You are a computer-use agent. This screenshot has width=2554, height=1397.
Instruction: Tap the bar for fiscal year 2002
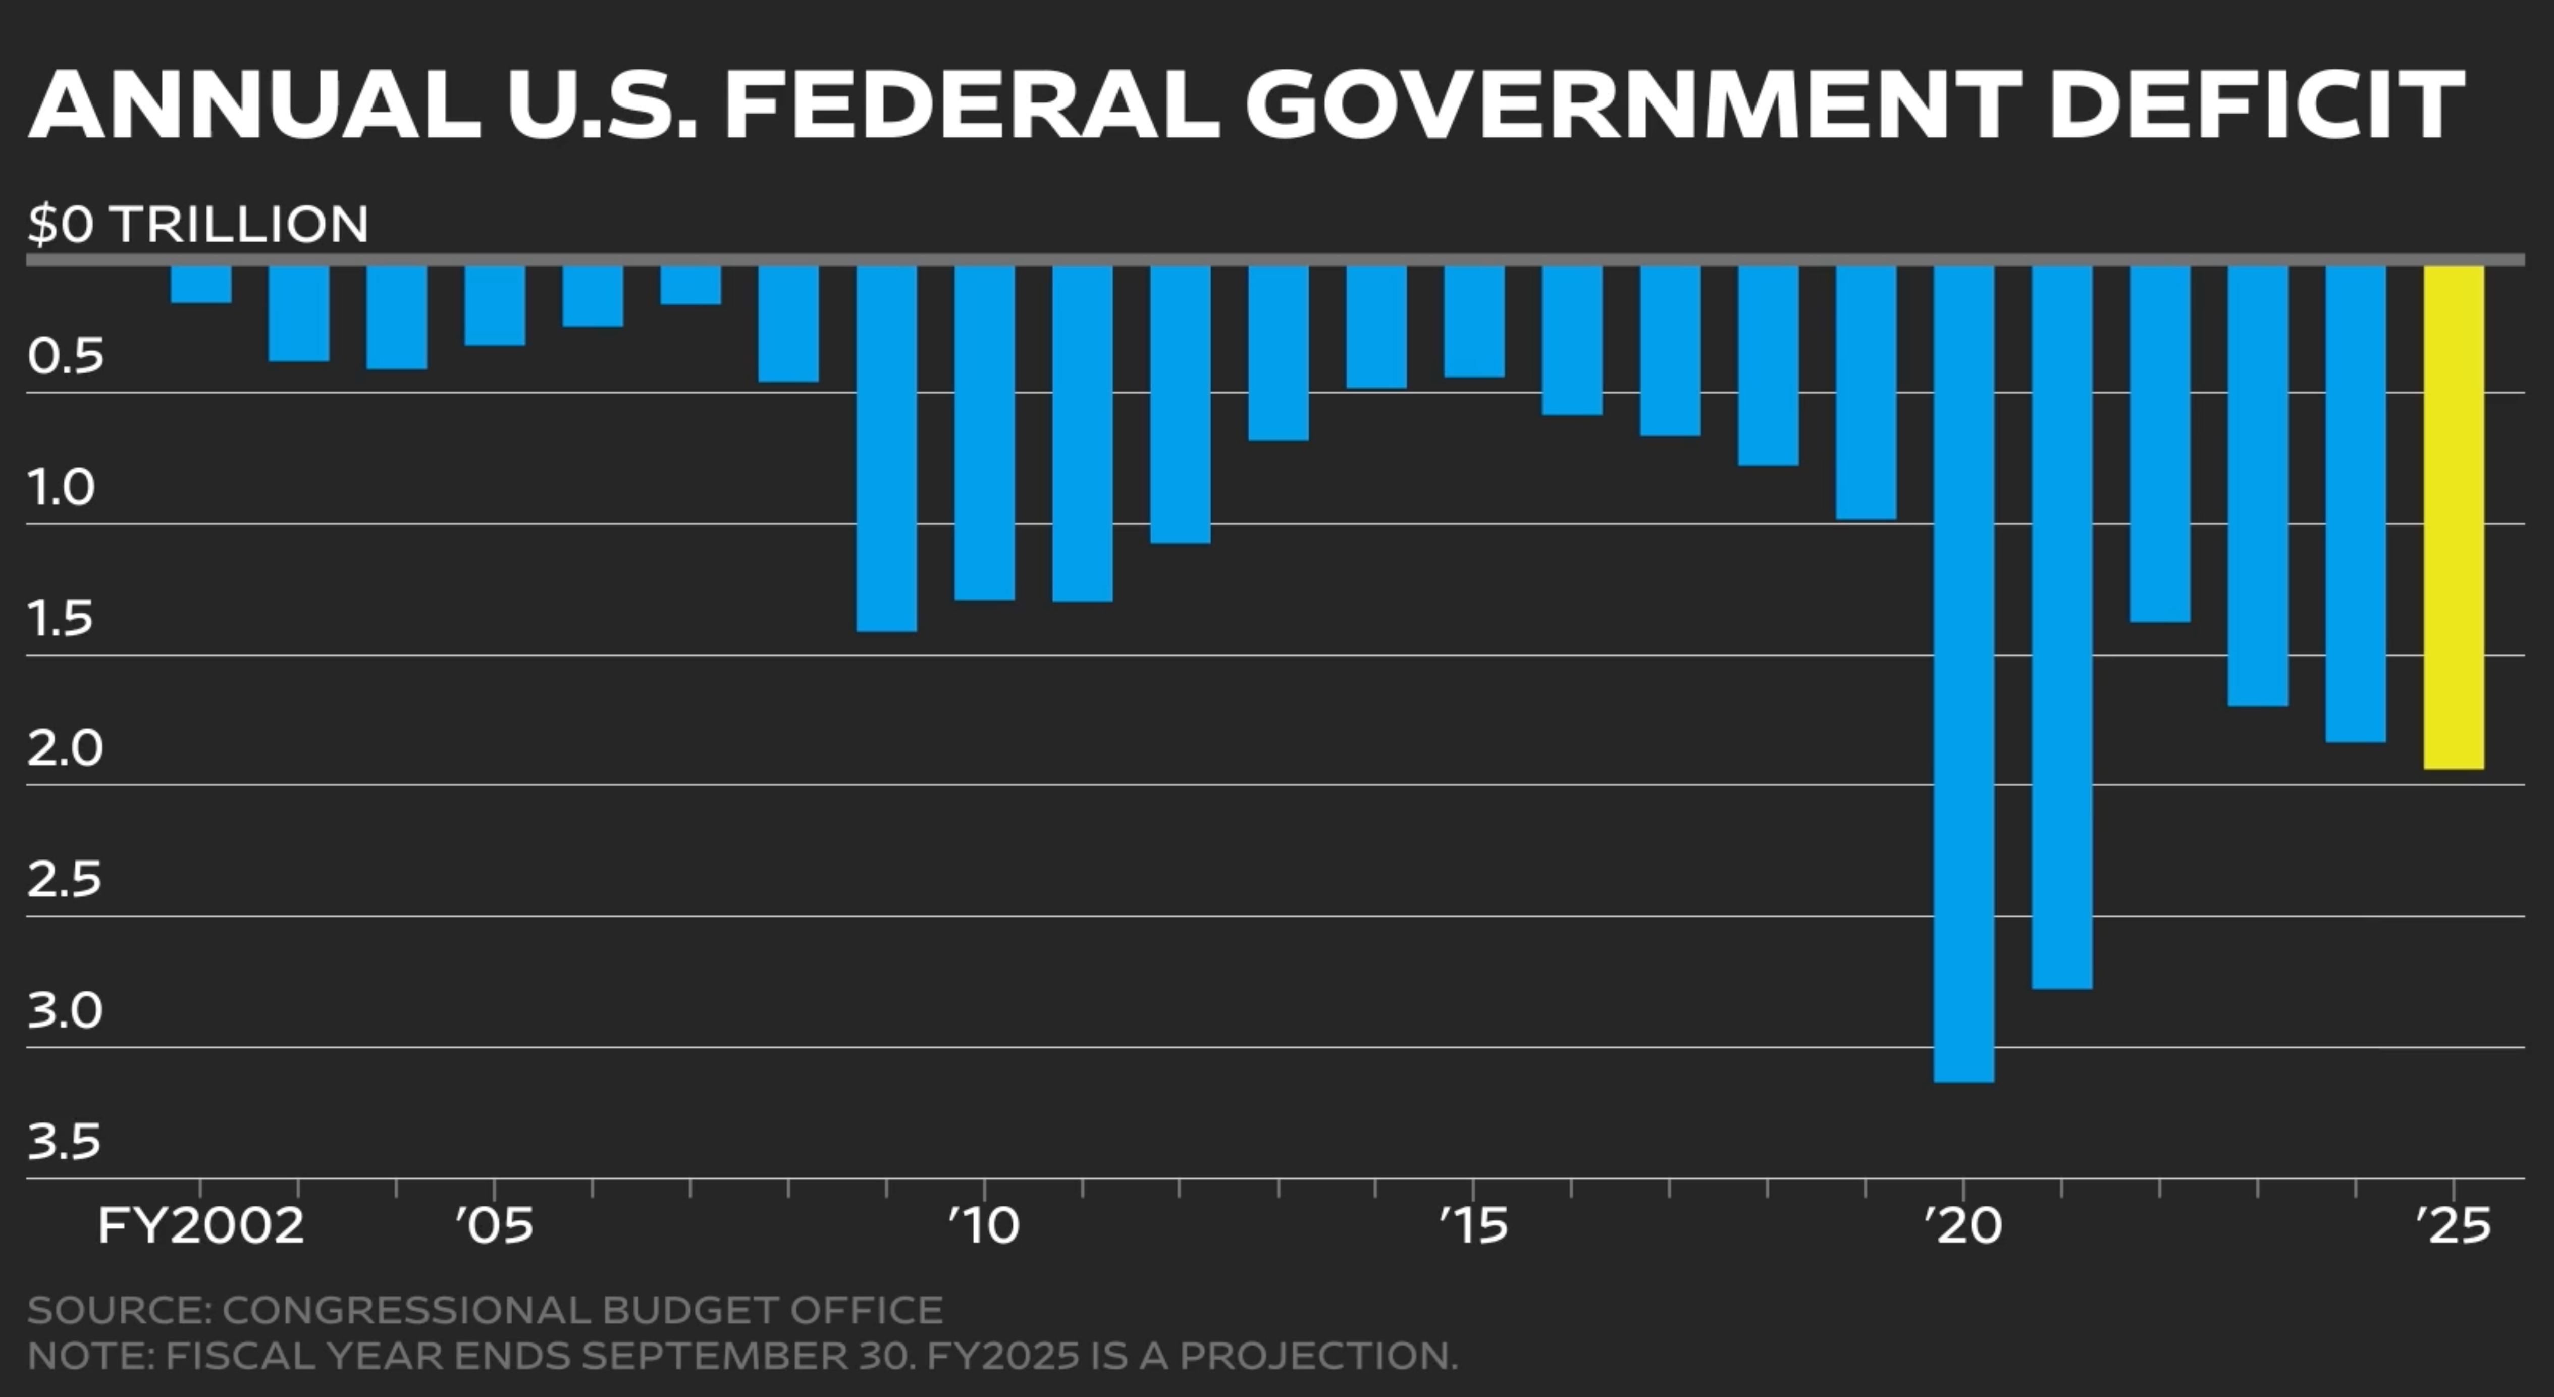(x=200, y=284)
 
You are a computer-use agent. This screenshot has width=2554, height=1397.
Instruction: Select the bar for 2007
(x=691, y=285)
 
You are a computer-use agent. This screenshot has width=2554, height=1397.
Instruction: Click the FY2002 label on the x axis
(x=200, y=1226)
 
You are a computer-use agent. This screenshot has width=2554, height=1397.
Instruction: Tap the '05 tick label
(x=495, y=1226)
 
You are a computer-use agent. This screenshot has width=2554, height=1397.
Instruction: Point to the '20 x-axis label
(x=1963, y=1226)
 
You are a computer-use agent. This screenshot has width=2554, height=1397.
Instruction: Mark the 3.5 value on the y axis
(x=65, y=1142)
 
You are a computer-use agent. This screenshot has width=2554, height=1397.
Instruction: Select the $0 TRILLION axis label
(x=198, y=224)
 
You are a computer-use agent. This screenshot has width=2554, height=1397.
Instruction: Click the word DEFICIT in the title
(x=2256, y=104)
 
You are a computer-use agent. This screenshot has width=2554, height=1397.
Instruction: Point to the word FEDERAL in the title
(x=972, y=104)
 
